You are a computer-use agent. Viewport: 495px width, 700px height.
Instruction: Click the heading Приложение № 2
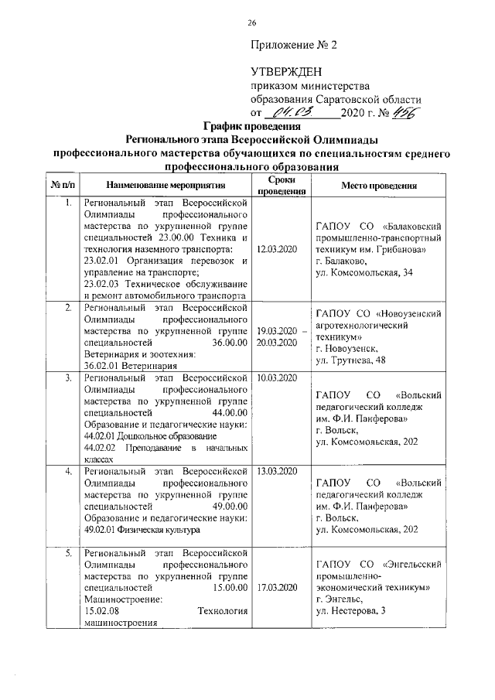(294, 44)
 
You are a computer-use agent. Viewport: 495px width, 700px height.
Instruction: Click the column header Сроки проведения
(277, 186)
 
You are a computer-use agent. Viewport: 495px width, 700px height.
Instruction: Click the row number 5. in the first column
(68, 553)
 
